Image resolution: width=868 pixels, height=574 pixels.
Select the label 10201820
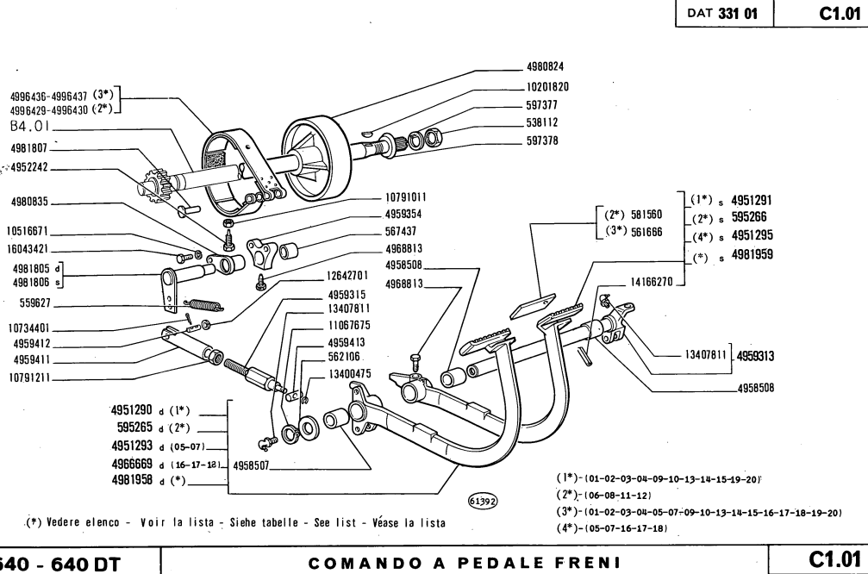click(x=546, y=87)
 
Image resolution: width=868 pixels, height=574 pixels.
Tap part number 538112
click(x=543, y=122)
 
